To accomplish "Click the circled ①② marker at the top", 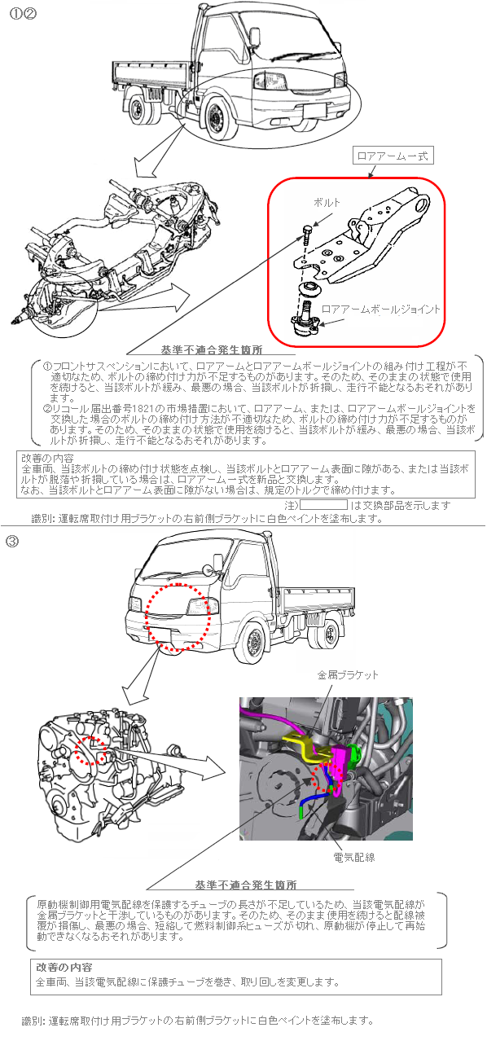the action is pyautogui.click(x=23, y=14).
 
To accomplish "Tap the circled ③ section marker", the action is pyautogui.click(x=12, y=542).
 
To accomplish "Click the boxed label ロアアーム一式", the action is pyautogui.click(x=393, y=156).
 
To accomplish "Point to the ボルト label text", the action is pyautogui.click(x=327, y=202).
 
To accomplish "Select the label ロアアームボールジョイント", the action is pyautogui.click(x=381, y=310).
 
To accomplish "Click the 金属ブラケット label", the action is pyautogui.click(x=348, y=674).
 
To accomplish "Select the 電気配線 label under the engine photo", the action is pyautogui.click(x=354, y=858).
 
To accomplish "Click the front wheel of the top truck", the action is pyautogui.click(x=217, y=116).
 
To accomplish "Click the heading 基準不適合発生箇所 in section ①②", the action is pyautogui.click(x=212, y=349).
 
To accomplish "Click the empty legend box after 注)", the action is pyautogui.click(x=324, y=505).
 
